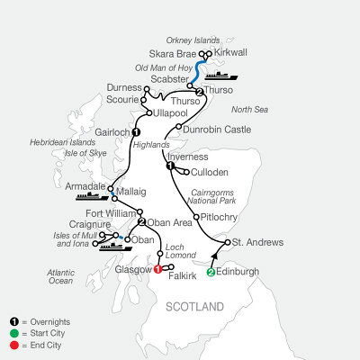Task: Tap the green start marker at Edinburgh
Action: pos(211,273)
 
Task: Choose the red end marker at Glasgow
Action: pos(158,268)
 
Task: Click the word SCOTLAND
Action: pos(196,307)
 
